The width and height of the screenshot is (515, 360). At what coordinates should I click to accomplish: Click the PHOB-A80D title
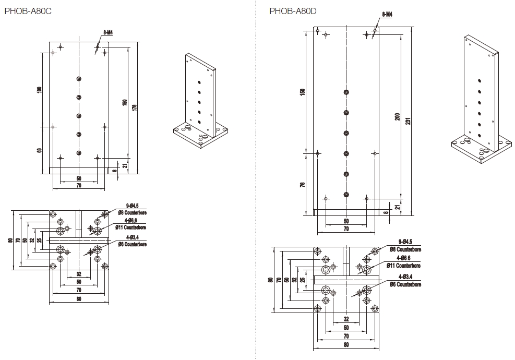(x=293, y=10)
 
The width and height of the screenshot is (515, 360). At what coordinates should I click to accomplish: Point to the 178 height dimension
(x=134, y=107)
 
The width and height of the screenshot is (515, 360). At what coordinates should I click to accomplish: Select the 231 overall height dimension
(x=409, y=120)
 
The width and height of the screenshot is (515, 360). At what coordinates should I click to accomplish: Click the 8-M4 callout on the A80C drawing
(x=108, y=32)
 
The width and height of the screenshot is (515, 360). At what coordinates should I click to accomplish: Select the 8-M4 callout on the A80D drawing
(x=387, y=15)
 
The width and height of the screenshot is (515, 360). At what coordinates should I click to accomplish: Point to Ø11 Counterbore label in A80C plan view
(x=131, y=227)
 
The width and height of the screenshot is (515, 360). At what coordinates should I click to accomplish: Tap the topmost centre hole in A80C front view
(x=78, y=79)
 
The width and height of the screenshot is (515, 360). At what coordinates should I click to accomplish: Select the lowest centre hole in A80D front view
(x=346, y=194)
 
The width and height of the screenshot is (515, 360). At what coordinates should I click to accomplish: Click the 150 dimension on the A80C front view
(x=124, y=102)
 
